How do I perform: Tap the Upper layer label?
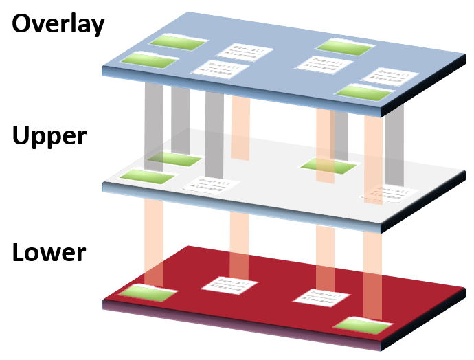click(x=49, y=135)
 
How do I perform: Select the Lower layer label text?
click(x=49, y=251)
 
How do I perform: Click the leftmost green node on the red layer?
click(x=146, y=293)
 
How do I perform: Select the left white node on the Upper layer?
click(x=210, y=185)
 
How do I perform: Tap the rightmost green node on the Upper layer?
click(x=329, y=166)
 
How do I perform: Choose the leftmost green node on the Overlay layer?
click(x=150, y=60)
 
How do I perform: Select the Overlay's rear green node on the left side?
click(x=180, y=43)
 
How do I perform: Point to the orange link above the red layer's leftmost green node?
click(x=154, y=240)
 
